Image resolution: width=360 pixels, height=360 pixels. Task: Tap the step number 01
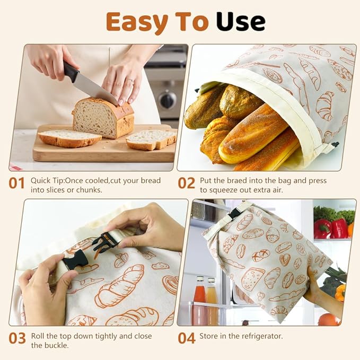(17, 183)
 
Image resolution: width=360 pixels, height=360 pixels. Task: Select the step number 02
(187, 183)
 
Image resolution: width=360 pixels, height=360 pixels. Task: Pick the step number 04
(187, 338)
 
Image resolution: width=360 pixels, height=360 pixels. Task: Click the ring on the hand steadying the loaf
(130, 82)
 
